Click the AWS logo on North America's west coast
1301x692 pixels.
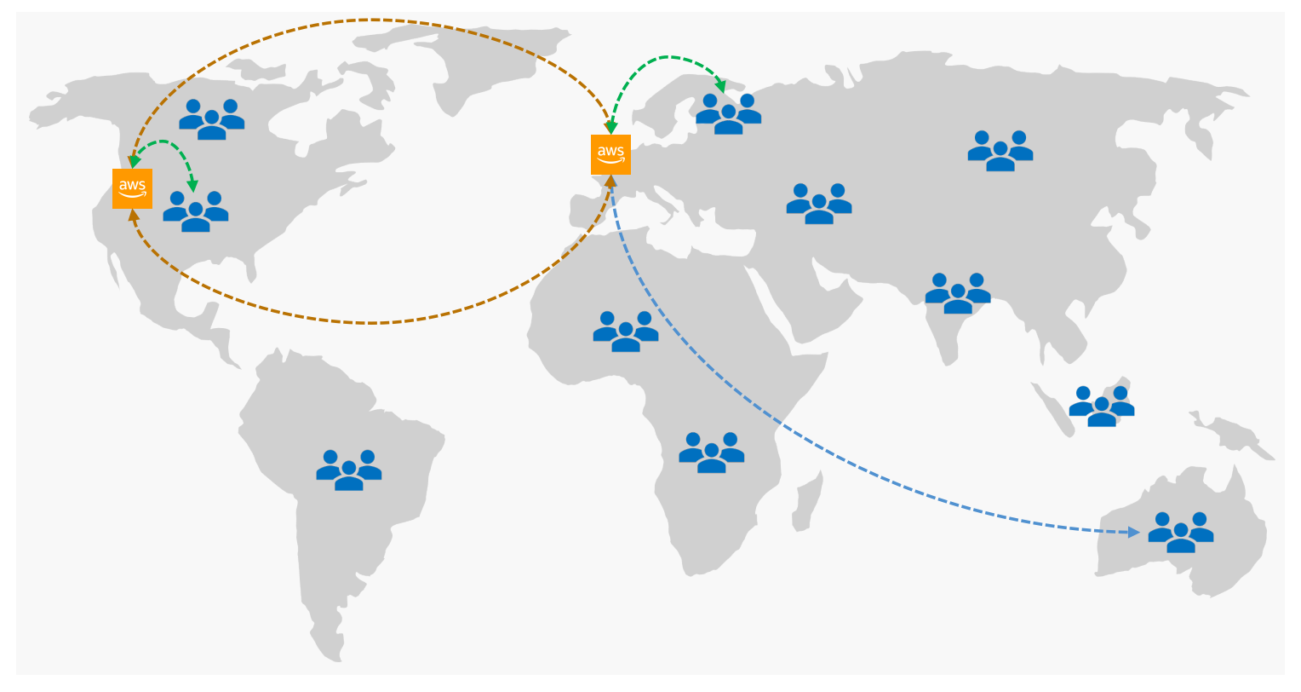(132, 188)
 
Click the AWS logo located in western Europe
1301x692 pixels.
(610, 154)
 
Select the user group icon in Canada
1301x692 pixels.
(211, 119)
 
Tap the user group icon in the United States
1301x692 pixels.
(196, 211)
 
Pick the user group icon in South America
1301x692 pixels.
(348, 470)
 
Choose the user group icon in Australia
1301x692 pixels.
(1180, 532)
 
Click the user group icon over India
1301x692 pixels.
(958, 293)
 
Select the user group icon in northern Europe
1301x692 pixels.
(728, 114)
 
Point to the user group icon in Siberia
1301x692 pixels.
(1000, 151)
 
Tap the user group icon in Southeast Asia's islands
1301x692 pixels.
(1101, 407)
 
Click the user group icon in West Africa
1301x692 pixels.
(625, 332)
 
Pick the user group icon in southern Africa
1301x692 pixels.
(711, 453)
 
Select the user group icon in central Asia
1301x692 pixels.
(818, 204)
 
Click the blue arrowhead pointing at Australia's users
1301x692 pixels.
(1134, 533)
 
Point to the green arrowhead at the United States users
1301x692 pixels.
(192, 185)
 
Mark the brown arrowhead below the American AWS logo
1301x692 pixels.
(133, 215)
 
